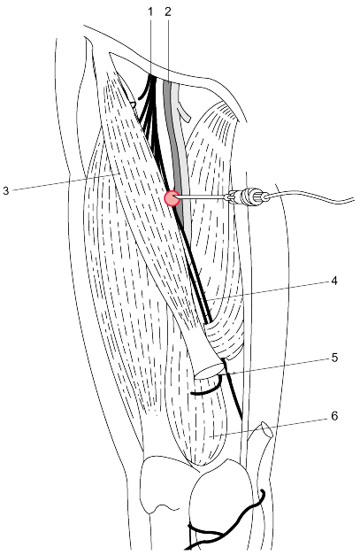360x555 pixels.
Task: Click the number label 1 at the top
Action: click(x=150, y=12)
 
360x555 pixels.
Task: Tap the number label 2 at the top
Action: click(x=168, y=12)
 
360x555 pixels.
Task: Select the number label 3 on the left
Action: click(x=5, y=191)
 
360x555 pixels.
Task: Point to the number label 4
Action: click(x=333, y=281)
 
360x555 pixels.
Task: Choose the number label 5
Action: click(x=334, y=358)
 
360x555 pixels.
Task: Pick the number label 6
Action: click(x=334, y=416)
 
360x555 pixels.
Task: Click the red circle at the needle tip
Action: click(x=172, y=198)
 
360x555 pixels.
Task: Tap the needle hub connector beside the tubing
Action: click(x=247, y=196)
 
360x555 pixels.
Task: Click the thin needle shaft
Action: click(x=203, y=197)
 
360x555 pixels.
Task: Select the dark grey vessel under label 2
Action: click(x=172, y=142)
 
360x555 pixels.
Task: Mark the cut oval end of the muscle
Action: click(x=209, y=373)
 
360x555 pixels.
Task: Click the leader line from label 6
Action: click(x=269, y=428)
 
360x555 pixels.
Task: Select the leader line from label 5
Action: click(x=278, y=366)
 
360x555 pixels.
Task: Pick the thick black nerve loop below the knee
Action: click(x=226, y=520)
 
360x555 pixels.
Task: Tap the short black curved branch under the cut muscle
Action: click(x=206, y=390)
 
